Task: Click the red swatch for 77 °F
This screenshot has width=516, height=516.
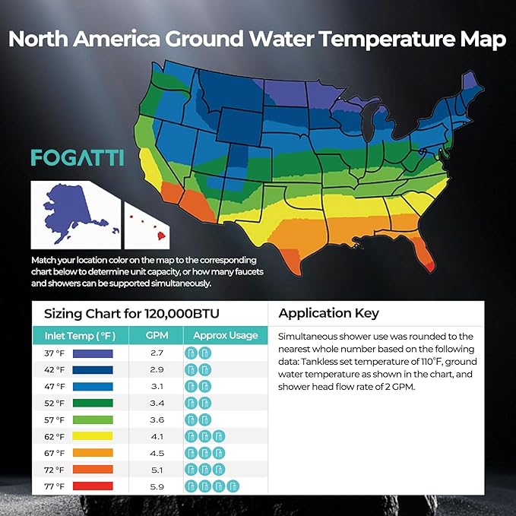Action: tap(93, 486)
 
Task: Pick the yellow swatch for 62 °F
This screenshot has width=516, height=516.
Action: tap(93, 436)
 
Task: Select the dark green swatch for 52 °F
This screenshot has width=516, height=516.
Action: tap(93, 403)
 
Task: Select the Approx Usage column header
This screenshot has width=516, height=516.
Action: tap(225, 335)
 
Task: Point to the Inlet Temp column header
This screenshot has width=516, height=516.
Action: tap(74, 335)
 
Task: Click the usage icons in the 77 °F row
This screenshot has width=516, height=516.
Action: tap(212, 486)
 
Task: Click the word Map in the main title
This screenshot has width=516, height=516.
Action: tap(482, 40)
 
